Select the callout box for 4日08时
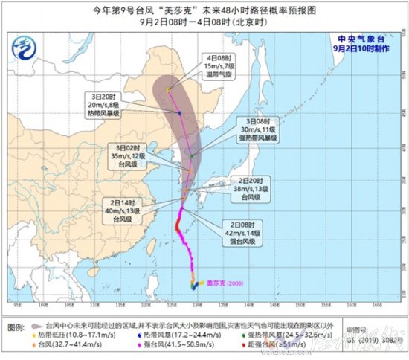[221, 65]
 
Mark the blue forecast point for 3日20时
[179, 113]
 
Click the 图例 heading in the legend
[15, 327]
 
